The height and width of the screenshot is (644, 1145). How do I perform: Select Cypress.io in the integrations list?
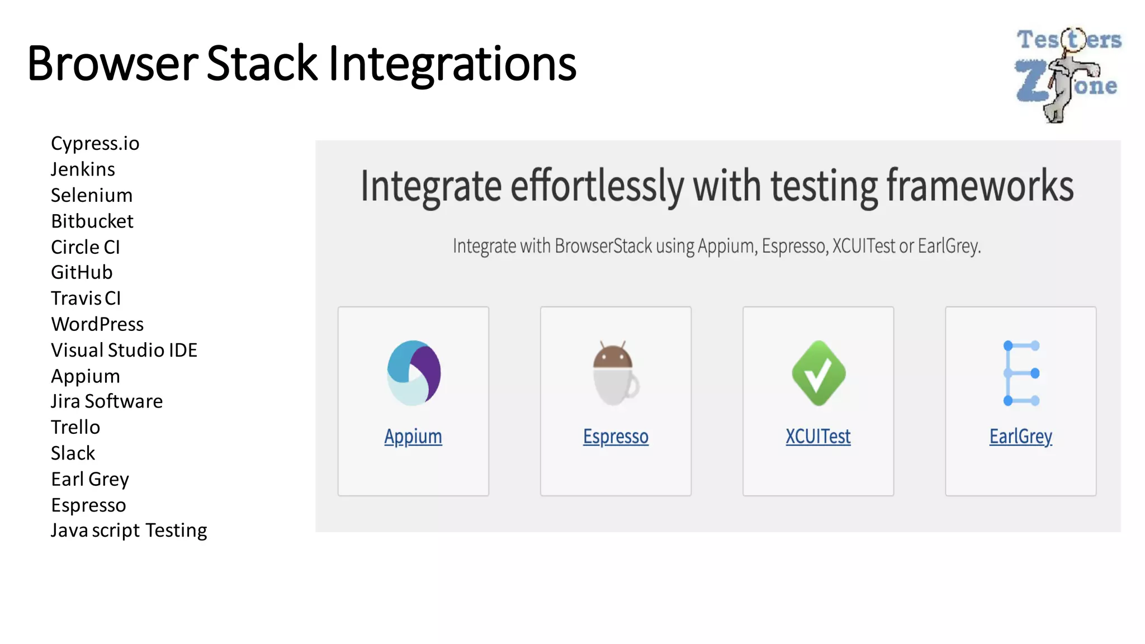pyautogui.click(x=95, y=144)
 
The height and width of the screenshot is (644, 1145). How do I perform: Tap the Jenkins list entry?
pyautogui.click(x=83, y=169)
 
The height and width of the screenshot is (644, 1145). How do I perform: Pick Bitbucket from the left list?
pyautogui.click(x=92, y=221)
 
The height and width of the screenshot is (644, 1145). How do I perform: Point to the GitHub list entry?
pyautogui.click(x=82, y=273)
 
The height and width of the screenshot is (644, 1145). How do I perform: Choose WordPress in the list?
pyautogui.click(x=97, y=324)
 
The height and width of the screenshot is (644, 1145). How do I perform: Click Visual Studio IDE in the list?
pyautogui.click(x=124, y=351)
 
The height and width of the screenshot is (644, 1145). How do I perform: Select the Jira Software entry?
pyautogui.click(x=107, y=401)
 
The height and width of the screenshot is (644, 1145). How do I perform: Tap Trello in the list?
pyautogui.click(x=75, y=428)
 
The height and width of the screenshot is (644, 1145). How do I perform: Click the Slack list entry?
pyautogui.click(x=73, y=453)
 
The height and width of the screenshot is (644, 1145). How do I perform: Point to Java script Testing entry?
pyautogui.click(x=129, y=531)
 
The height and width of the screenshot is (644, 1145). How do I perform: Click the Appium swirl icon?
pyautogui.click(x=414, y=373)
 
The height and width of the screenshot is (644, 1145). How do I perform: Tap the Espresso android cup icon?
pyautogui.click(x=616, y=373)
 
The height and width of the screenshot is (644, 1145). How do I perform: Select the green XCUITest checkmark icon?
pyautogui.click(x=818, y=373)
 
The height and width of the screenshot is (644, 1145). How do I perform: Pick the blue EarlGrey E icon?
pyautogui.click(x=1021, y=373)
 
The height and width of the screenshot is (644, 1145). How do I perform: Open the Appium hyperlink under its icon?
pyautogui.click(x=413, y=437)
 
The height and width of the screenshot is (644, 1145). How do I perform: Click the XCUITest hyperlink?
pyautogui.click(x=818, y=437)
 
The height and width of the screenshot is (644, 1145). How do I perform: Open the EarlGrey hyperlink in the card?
pyautogui.click(x=1021, y=437)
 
